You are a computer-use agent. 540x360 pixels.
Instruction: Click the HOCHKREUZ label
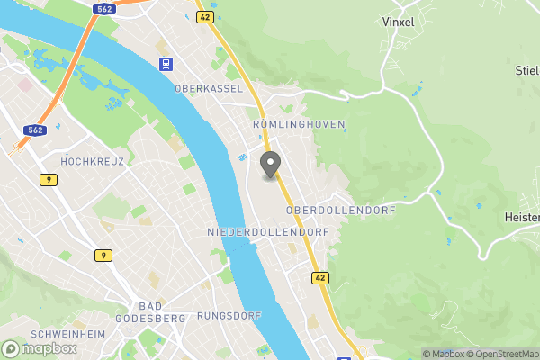click(92, 161)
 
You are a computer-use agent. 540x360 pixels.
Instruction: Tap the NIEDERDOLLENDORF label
click(268, 232)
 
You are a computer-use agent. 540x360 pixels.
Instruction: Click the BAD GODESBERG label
click(150, 312)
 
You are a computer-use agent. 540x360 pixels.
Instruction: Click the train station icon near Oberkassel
click(166, 64)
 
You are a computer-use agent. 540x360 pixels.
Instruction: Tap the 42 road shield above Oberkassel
click(204, 16)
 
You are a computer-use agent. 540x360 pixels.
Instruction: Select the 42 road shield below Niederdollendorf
click(320, 278)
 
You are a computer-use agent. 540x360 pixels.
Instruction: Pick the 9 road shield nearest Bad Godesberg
click(103, 256)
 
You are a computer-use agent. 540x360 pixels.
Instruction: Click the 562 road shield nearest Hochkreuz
click(34, 130)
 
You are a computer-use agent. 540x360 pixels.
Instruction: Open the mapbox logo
click(39, 347)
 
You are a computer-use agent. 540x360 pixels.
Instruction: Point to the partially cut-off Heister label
click(521, 218)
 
